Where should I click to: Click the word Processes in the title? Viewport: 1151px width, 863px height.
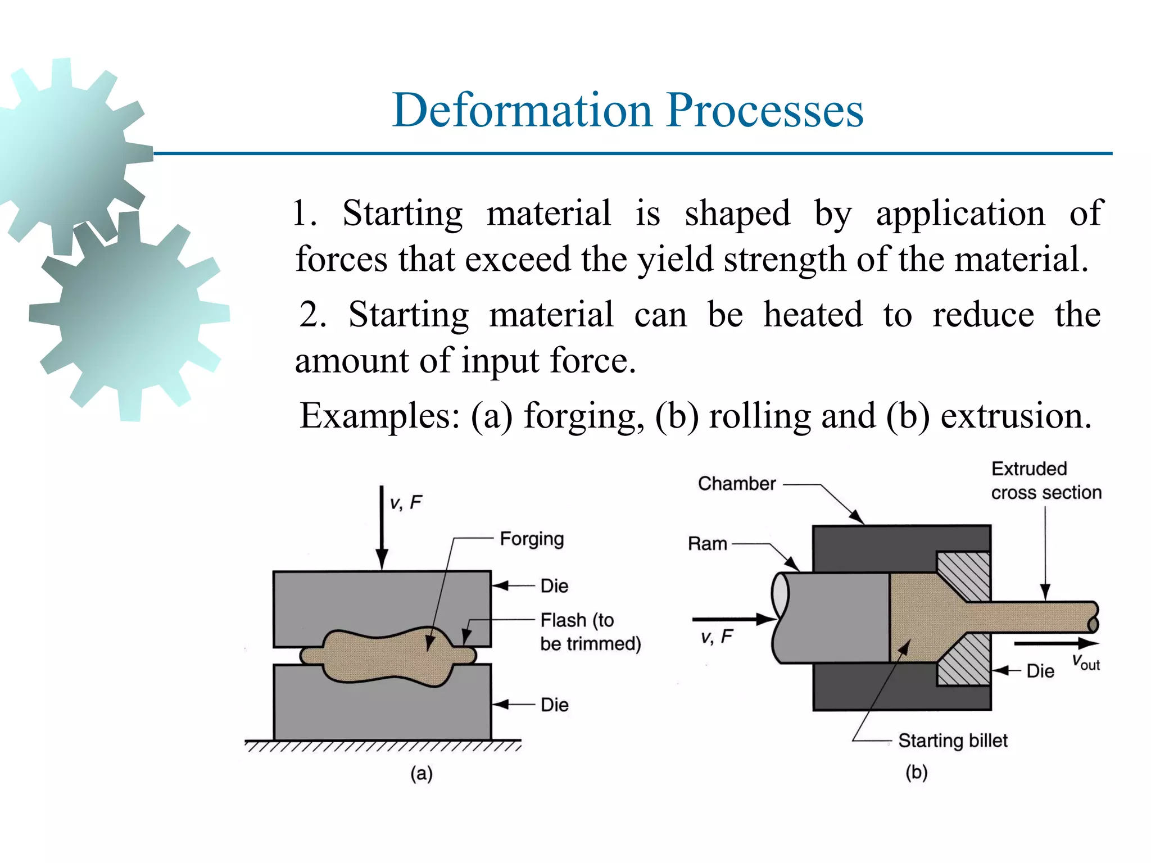[x=765, y=111]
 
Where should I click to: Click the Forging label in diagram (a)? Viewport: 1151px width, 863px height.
[x=532, y=539]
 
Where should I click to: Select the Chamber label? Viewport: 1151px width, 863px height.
[x=736, y=484]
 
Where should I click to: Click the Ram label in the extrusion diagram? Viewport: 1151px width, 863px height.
[x=707, y=544]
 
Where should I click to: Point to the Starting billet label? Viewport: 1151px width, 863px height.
[x=953, y=741]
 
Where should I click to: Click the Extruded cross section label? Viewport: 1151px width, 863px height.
[x=1045, y=480]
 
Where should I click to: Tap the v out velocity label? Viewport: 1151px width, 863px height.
[x=1085, y=662]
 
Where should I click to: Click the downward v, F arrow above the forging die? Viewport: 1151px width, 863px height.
[x=382, y=528]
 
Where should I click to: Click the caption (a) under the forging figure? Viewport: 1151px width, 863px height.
[x=421, y=774]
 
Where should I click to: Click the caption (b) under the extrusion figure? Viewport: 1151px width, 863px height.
[x=916, y=773]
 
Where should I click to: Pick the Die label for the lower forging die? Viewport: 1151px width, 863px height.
[x=554, y=705]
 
